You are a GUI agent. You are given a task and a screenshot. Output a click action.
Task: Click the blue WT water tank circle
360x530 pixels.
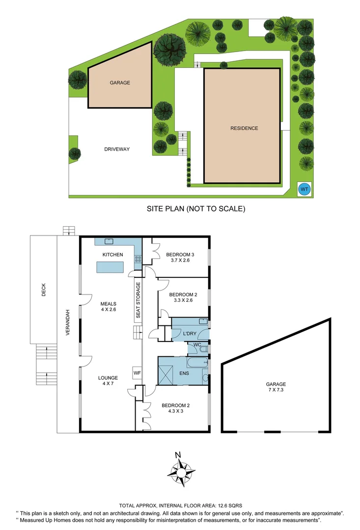[x=305, y=188]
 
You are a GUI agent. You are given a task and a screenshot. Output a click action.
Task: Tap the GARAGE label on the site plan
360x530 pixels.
[x=120, y=83]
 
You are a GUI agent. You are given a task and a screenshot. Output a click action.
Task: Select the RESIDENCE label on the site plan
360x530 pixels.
[x=244, y=128]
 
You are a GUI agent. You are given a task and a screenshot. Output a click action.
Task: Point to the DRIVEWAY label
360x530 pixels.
[x=117, y=149]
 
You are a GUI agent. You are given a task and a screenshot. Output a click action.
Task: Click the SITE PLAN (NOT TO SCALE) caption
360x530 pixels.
[x=196, y=209]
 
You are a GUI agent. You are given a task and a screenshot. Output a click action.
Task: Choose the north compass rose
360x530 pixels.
[x=181, y=470]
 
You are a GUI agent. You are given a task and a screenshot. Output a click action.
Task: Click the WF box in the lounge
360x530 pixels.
[x=137, y=373]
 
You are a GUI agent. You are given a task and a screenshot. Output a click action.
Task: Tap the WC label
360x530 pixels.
[x=196, y=345]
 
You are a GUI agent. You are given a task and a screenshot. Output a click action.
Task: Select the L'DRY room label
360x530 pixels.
[x=189, y=334]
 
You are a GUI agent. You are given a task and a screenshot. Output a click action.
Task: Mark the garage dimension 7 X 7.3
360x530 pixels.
[x=276, y=391]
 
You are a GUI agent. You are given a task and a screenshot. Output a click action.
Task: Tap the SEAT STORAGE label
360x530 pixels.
[x=138, y=300]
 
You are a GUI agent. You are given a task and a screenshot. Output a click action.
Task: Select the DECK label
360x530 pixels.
[x=43, y=292]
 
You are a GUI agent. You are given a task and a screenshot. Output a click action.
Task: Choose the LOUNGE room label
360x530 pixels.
[x=108, y=378]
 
